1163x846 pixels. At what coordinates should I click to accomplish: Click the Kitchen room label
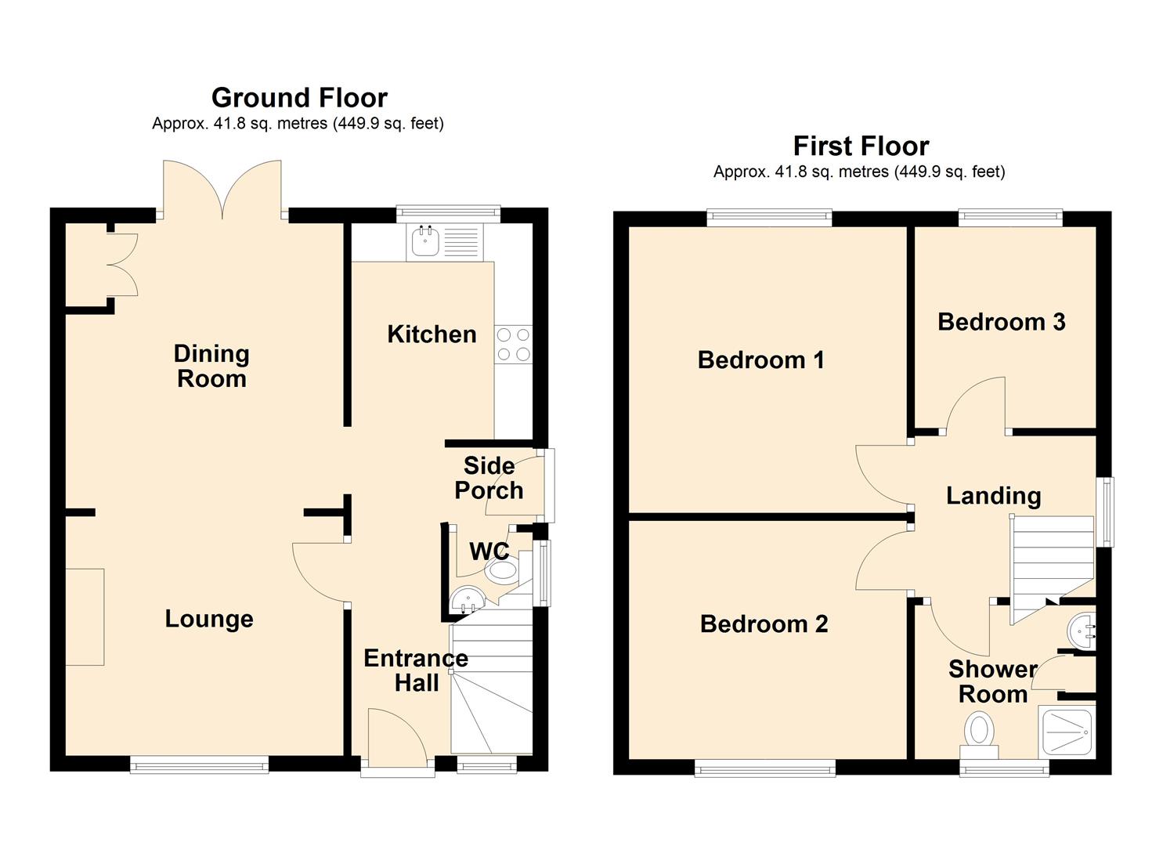click(x=432, y=334)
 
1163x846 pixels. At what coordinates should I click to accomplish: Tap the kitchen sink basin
click(x=425, y=242)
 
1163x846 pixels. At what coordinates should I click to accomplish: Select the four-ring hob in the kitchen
click(x=514, y=345)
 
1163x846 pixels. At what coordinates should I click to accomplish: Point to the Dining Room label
click(x=211, y=366)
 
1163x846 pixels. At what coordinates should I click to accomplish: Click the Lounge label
click(x=209, y=619)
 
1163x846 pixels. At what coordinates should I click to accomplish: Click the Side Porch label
click(x=489, y=479)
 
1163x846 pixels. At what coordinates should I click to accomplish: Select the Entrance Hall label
click(x=416, y=671)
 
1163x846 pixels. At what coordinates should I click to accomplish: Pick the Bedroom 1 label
click(x=761, y=360)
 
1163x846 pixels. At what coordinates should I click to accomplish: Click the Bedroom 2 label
click(x=764, y=624)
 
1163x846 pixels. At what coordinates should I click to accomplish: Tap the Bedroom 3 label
click(x=1002, y=322)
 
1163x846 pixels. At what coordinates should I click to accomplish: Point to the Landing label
click(x=994, y=495)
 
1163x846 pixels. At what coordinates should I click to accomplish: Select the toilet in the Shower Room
click(x=979, y=736)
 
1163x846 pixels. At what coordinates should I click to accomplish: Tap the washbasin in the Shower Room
click(x=1082, y=632)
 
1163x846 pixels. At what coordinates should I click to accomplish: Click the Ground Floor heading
click(x=300, y=98)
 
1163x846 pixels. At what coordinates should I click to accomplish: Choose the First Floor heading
click(x=861, y=146)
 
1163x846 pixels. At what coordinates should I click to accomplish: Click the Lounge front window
click(x=200, y=765)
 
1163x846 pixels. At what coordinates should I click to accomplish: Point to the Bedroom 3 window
click(x=1009, y=218)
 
